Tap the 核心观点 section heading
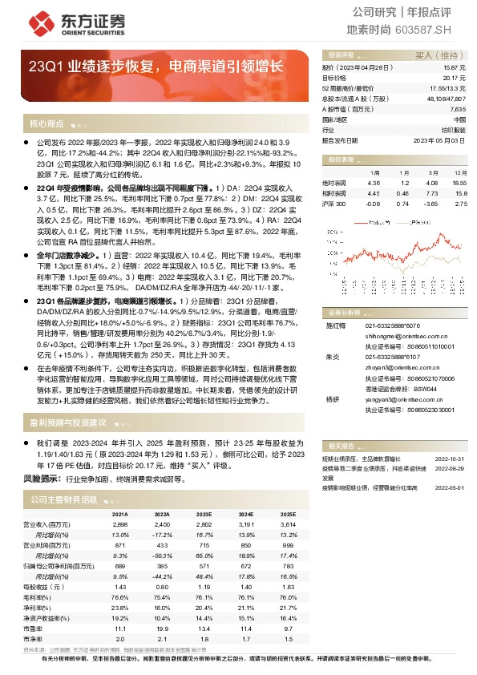tap(46, 124)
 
